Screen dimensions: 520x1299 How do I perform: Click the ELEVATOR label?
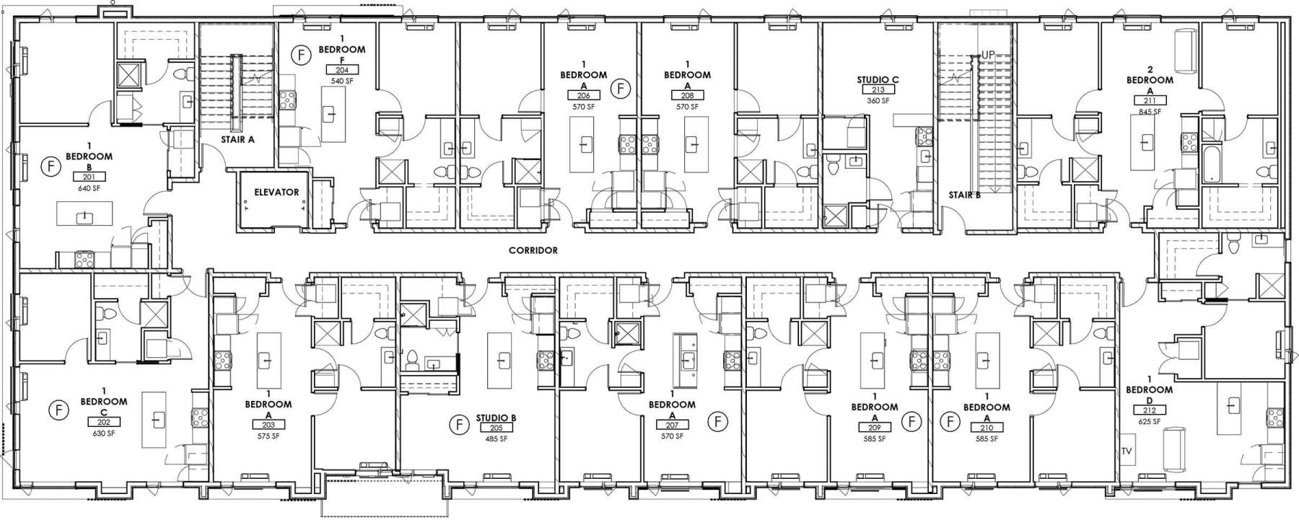[x=276, y=193]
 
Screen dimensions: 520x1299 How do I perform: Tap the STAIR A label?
[x=237, y=140]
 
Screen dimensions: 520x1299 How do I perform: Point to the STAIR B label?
[x=965, y=195]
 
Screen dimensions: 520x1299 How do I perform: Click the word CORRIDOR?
[x=533, y=250]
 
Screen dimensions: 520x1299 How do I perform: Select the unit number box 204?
[x=342, y=70]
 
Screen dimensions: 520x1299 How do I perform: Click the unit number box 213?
[x=878, y=90]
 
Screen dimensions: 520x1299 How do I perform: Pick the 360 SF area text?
[x=878, y=101]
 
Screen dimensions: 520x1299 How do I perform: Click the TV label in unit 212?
[x=1127, y=452]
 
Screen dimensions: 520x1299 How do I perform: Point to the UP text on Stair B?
[x=988, y=56]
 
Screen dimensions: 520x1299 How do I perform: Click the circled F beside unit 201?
[x=51, y=166]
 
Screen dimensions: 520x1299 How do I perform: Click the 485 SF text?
[x=496, y=439]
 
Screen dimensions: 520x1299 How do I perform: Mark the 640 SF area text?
[x=89, y=188]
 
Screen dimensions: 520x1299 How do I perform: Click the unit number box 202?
[x=103, y=423]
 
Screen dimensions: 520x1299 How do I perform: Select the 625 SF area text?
[x=1149, y=422]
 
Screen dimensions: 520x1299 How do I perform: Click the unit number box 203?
[x=268, y=426]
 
